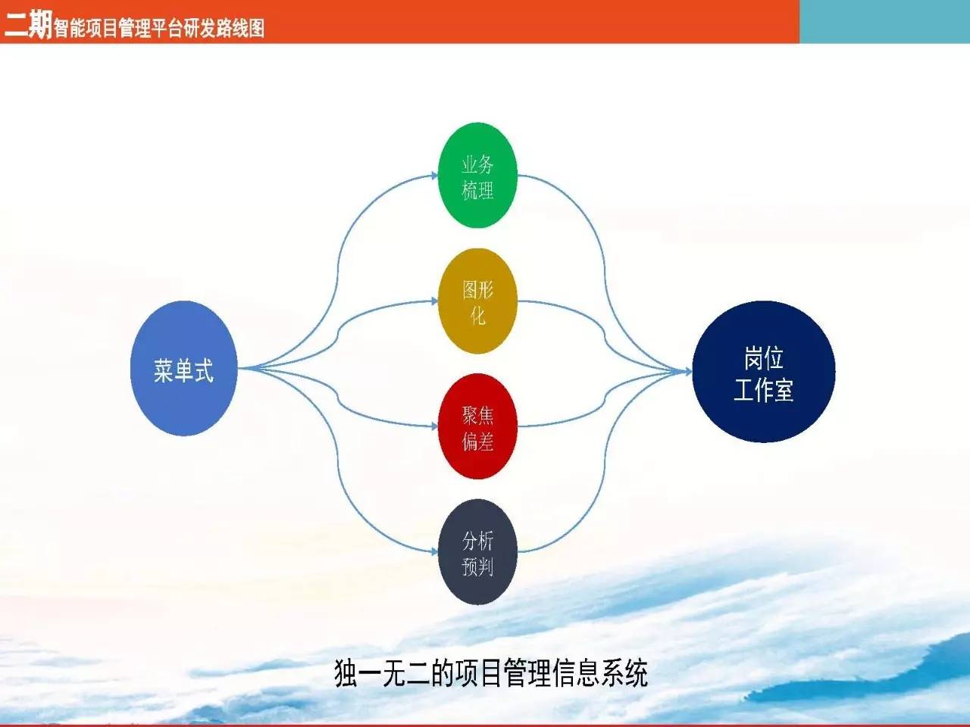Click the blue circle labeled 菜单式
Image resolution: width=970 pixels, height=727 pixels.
[183, 369]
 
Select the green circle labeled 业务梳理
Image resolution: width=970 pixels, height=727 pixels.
[477, 176]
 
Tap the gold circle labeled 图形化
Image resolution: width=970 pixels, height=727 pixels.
[477, 301]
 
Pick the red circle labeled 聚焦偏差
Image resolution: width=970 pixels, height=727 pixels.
[477, 426]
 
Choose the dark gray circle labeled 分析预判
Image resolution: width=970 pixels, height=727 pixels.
[477, 552]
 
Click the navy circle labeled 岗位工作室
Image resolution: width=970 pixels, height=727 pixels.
[764, 372]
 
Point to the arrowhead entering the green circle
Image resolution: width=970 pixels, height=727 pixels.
[433, 176]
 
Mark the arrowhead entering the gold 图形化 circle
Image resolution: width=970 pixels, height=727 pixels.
[433, 301]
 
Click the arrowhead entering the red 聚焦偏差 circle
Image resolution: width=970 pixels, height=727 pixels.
[433, 426]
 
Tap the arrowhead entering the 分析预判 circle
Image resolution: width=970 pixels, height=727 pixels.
[433, 552]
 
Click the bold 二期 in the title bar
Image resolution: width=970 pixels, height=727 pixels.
[27, 26]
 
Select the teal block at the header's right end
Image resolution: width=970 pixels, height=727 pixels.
[884, 21]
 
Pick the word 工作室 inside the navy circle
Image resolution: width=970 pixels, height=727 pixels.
[764, 391]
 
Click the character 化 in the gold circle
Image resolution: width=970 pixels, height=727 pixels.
[477, 315]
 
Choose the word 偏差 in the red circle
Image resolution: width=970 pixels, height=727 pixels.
[477, 441]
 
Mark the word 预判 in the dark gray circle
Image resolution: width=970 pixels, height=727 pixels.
[477, 566]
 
